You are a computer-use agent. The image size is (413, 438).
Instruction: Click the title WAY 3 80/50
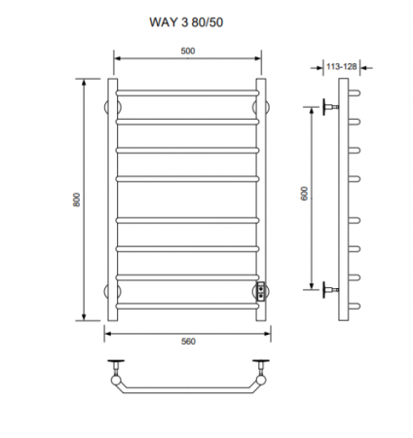pyautogui.click(x=186, y=22)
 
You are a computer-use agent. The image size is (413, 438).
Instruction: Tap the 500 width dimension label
pyautogui.click(x=188, y=51)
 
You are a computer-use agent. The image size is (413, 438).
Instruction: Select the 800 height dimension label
pyautogui.click(x=76, y=200)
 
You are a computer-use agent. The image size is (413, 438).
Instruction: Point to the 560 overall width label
pyautogui.click(x=188, y=342)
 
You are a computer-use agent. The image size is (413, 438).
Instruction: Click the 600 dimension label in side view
pyautogui.click(x=304, y=194)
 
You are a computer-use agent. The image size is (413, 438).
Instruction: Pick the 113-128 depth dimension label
pyautogui.click(x=342, y=66)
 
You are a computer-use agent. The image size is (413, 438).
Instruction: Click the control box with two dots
pyautogui.click(x=261, y=291)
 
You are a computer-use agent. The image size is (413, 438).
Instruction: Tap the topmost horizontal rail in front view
pyautogui.click(x=187, y=93)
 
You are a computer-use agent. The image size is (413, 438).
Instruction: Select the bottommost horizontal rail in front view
pyautogui.click(x=187, y=306)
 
